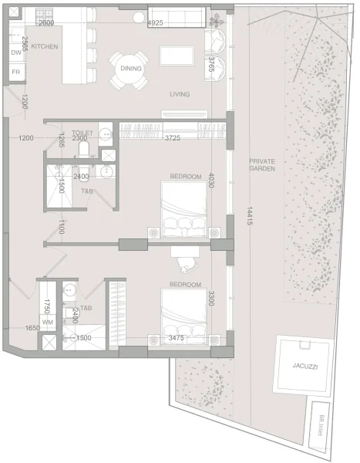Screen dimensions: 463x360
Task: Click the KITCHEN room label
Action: point(45,47)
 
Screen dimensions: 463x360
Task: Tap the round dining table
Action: point(129,69)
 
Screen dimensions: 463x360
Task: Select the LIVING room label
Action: point(180,94)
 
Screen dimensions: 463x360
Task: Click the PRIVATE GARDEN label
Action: point(262,167)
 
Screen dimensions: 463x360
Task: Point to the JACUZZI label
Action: point(304,367)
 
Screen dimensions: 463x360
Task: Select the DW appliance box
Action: point(16,52)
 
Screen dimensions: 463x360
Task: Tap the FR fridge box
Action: point(15,72)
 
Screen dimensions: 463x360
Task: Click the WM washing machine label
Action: point(48,322)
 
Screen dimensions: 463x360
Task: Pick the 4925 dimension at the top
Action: point(156,23)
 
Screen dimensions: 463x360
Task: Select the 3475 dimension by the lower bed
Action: point(175,338)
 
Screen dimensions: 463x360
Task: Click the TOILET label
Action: point(82,133)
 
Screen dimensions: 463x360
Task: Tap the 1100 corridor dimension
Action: point(59,227)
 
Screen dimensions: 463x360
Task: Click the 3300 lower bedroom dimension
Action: point(210,298)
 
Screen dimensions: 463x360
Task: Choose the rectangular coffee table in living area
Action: point(177,56)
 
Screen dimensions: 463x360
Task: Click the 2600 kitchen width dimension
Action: point(46,23)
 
